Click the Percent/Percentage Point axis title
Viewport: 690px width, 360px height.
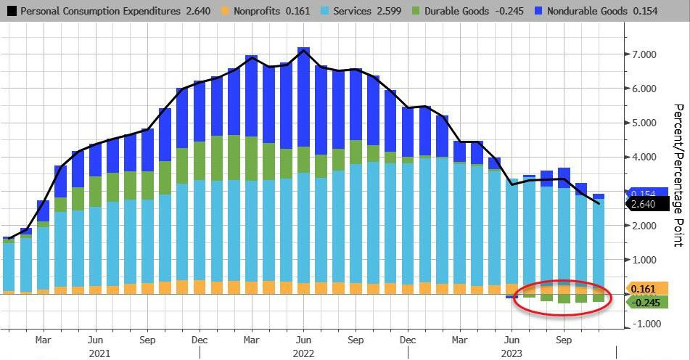pos(679,185)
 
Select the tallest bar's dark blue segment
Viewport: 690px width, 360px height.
pos(303,109)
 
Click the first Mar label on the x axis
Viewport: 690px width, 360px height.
pos(43,339)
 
